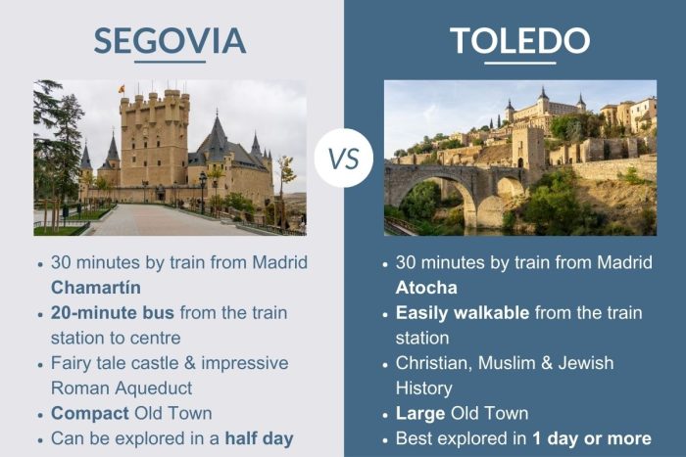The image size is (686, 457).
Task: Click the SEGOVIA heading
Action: (170, 40)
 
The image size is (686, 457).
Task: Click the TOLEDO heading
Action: (519, 40)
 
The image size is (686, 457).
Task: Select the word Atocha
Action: (427, 287)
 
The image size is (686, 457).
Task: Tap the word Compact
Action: (86, 412)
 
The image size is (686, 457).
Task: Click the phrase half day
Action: (261, 436)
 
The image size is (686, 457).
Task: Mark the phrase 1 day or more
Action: (592, 437)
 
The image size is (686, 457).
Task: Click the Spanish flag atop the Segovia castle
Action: (122, 89)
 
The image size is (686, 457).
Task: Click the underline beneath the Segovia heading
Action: (170, 63)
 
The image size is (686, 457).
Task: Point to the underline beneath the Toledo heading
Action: (519, 63)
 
